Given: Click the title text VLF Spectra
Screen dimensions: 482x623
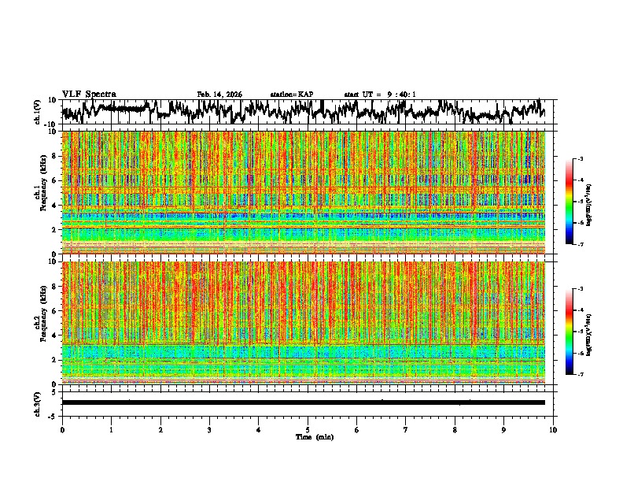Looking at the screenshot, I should click(89, 95).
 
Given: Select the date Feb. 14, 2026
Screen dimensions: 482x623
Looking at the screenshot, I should click(219, 95).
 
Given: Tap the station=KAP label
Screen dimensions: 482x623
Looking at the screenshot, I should click(292, 95).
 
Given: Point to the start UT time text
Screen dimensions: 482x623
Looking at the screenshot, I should click(380, 95).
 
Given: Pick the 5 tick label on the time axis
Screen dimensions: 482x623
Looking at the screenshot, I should click(308, 429).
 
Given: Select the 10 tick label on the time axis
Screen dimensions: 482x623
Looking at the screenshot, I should click(553, 429).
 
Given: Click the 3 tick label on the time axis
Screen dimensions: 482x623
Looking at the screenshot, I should click(209, 429).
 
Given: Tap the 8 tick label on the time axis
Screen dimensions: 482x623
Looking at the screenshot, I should click(455, 429).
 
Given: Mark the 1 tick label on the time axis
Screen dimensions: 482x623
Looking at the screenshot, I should click(111, 429).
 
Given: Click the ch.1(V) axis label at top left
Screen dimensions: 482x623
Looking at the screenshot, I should click(38, 112).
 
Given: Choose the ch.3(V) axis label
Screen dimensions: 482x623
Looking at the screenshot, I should click(38, 402).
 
